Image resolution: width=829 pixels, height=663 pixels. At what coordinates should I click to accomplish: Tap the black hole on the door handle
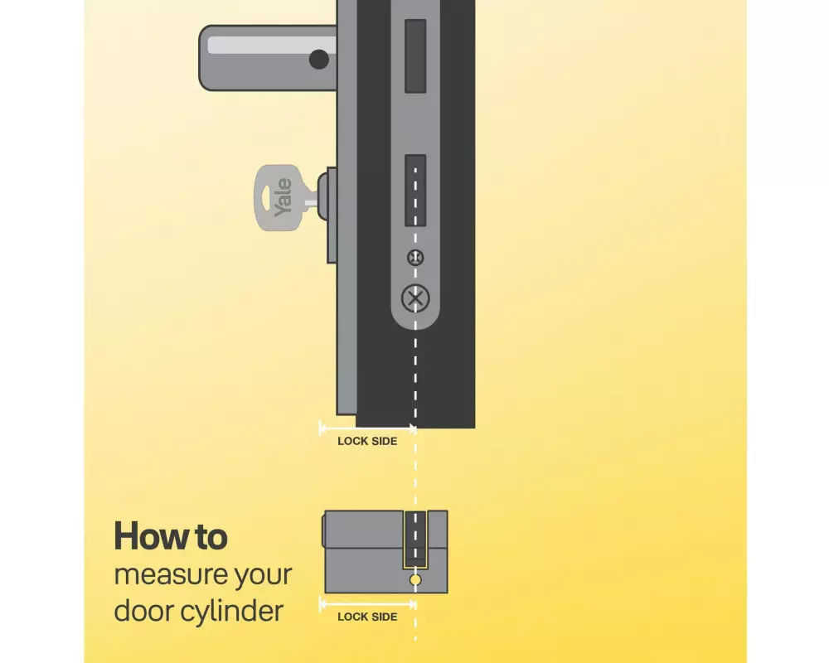point(319,59)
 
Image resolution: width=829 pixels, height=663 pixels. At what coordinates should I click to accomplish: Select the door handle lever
point(268,58)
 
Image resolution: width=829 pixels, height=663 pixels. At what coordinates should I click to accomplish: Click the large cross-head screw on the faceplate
point(415,298)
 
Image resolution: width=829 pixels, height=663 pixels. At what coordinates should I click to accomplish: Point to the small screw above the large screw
point(415,258)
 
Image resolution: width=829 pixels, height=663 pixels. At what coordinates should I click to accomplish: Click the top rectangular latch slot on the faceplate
point(415,56)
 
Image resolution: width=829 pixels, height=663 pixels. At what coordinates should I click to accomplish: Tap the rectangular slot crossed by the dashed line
point(415,191)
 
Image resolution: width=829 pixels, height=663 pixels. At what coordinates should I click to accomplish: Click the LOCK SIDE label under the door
point(367,441)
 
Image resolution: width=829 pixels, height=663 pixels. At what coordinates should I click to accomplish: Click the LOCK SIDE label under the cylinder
point(367,617)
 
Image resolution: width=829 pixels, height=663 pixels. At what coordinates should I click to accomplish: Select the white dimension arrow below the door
point(367,428)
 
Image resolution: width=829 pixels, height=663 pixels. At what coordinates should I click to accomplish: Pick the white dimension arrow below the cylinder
point(367,603)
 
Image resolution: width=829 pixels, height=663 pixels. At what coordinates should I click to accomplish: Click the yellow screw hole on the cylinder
point(415,580)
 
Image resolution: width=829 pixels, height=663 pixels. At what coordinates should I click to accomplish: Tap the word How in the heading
point(152,536)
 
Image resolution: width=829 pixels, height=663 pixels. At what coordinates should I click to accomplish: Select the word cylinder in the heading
point(232,611)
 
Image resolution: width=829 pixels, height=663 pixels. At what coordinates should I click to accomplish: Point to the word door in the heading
point(143,611)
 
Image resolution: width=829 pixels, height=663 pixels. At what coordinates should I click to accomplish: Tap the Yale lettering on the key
point(284,198)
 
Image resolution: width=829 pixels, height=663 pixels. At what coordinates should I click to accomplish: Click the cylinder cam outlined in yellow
point(415,540)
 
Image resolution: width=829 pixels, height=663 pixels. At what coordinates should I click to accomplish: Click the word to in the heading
point(211,537)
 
